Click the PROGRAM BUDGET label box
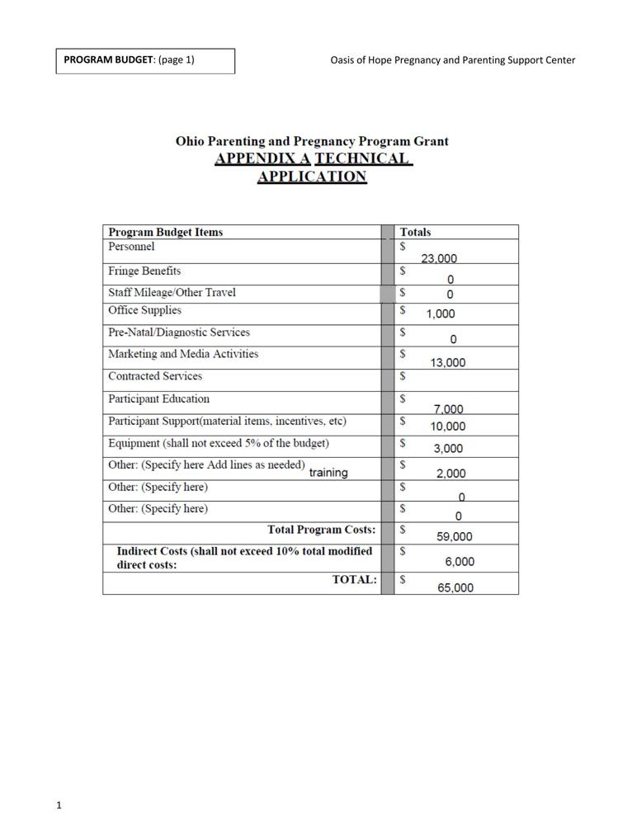[145, 60]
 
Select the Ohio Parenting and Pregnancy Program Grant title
[312, 141]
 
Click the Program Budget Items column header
[165, 233]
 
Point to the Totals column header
[415, 233]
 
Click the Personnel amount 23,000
[439, 258]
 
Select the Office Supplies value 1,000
[440, 313]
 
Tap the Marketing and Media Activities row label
[183, 354]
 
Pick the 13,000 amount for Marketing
[448, 362]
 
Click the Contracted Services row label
[155, 376]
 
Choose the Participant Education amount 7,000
[448, 408]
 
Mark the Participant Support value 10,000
[448, 427]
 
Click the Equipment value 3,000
[448, 449]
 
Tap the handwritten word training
[328, 473]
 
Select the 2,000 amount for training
[451, 474]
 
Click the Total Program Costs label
[321, 530]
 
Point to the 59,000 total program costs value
[454, 536]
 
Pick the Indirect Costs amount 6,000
[460, 561]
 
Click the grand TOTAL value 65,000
[455, 588]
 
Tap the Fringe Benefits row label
[144, 271]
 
